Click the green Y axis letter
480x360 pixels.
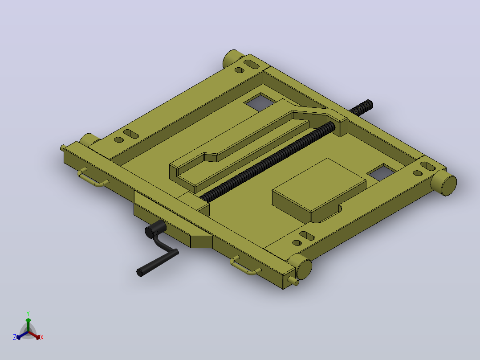[x=28, y=313]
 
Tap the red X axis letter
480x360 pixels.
[x=42, y=337]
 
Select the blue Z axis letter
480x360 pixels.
[x=15, y=337]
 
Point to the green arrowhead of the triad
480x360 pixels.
[x=28, y=320]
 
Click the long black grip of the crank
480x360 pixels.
[x=157, y=263]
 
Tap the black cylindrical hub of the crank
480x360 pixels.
[x=155, y=229]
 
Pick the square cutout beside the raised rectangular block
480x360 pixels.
[x=382, y=172]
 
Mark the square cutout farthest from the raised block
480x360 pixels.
[x=260, y=102]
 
